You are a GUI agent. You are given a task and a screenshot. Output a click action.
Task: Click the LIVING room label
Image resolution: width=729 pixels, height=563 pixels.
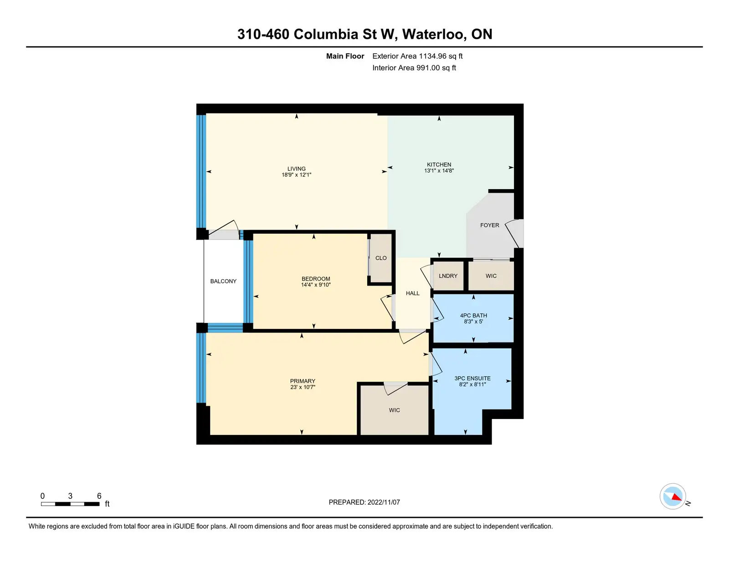pyautogui.click(x=296, y=169)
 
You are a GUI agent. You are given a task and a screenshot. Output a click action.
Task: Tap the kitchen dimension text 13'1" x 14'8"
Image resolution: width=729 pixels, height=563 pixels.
pyautogui.click(x=439, y=171)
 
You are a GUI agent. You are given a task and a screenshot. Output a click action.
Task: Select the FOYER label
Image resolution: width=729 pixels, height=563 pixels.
pyautogui.click(x=489, y=225)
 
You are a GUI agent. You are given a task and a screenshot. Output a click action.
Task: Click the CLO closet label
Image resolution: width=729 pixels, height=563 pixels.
pyautogui.click(x=381, y=258)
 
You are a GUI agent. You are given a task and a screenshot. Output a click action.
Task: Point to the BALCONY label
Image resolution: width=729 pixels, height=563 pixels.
pyautogui.click(x=223, y=281)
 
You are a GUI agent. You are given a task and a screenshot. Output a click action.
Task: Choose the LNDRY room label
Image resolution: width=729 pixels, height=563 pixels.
pyautogui.click(x=448, y=276)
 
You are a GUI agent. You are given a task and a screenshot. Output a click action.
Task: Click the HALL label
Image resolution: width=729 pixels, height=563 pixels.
pyautogui.click(x=412, y=293)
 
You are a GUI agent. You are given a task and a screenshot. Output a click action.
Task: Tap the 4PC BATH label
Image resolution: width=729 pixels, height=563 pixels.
pyautogui.click(x=473, y=316)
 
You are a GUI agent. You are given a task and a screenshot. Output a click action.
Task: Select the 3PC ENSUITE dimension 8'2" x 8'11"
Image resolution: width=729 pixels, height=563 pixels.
pyautogui.click(x=472, y=384)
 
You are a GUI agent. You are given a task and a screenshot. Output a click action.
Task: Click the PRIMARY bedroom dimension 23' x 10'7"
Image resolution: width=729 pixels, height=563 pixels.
pyautogui.click(x=303, y=387)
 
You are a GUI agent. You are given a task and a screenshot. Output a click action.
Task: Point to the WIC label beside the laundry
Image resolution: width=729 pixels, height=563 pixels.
pyautogui.click(x=491, y=276)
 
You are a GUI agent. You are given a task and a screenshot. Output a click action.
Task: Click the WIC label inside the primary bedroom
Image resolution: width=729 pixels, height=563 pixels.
pyautogui.click(x=394, y=410)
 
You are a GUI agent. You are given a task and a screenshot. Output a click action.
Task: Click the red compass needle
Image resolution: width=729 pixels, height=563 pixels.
pyautogui.click(x=676, y=496)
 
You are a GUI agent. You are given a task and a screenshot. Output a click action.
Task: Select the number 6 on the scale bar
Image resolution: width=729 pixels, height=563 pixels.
pyautogui.click(x=99, y=496)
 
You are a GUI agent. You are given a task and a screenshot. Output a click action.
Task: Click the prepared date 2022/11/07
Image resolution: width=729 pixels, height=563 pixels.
pyautogui.click(x=384, y=502)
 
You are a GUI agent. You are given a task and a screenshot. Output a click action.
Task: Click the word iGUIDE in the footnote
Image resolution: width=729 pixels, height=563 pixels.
pyautogui.click(x=184, y=527)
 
